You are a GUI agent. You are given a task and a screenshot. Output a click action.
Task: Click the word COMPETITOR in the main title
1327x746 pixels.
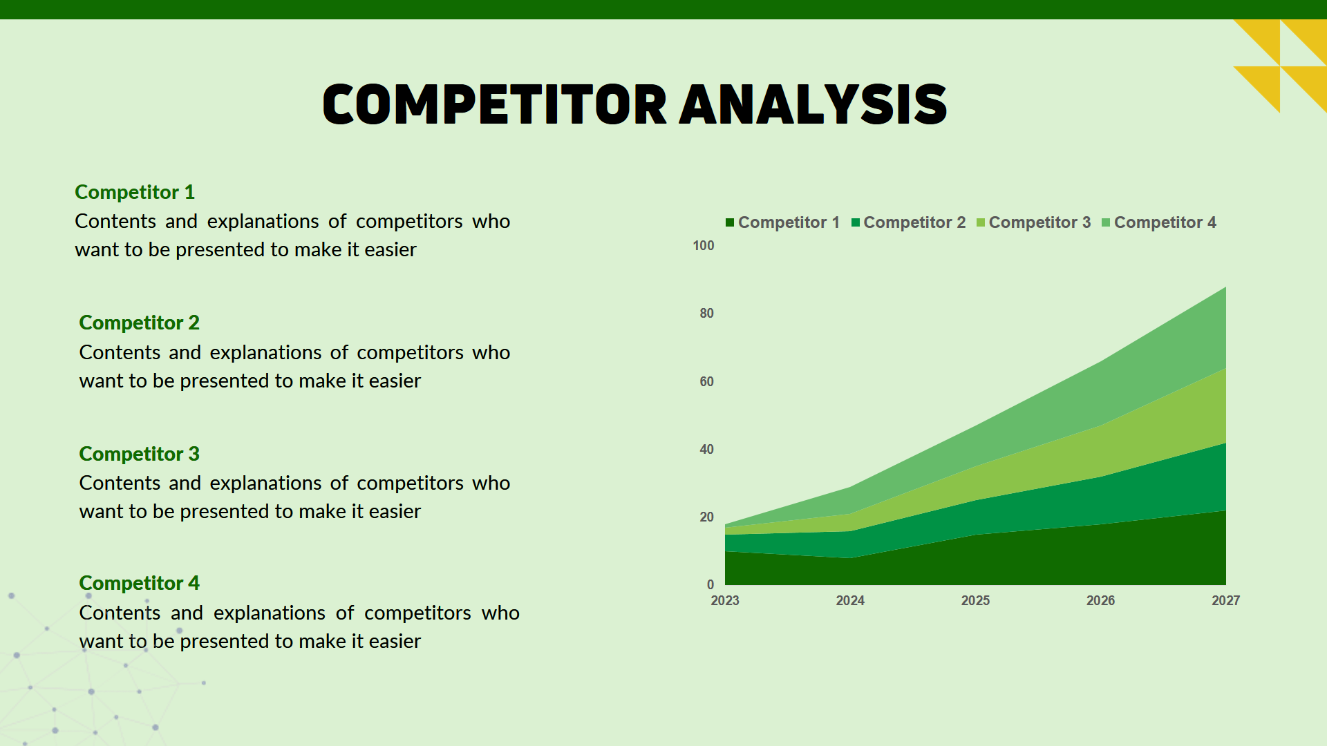pos(494,105)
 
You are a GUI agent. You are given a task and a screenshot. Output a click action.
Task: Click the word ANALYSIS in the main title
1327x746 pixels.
pos(813,105)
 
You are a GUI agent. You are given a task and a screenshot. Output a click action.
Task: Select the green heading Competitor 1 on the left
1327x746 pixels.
pos(135,192)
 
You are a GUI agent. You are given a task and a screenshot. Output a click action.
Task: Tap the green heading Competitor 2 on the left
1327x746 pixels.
pos(139,323)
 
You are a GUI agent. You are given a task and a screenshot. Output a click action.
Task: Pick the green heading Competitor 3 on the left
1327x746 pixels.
pos(139,454)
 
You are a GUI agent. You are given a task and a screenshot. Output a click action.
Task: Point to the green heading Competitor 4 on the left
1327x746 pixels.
pos(139,583)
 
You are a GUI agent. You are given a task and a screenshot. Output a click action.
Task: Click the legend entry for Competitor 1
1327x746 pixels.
pos(782,222)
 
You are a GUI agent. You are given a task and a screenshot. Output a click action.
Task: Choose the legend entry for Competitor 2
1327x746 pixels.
pos(908,222)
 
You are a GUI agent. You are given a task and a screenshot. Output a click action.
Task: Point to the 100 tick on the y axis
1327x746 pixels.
pos(703,246)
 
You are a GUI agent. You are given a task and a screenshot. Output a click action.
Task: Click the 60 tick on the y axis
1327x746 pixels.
pos(706,381)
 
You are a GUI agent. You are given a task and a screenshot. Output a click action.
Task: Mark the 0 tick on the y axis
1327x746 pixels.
pos(710,584)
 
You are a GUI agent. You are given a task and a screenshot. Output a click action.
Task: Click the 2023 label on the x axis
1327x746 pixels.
pos(725,600)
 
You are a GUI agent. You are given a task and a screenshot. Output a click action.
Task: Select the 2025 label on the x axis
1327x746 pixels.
pos(975,600)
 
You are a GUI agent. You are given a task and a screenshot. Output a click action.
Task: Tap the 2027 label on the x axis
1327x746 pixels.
pos(1225,600)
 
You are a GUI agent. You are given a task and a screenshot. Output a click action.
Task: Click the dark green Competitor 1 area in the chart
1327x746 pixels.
pos(1037,559)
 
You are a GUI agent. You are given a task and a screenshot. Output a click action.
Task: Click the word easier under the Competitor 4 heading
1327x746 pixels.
pos(395,642)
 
